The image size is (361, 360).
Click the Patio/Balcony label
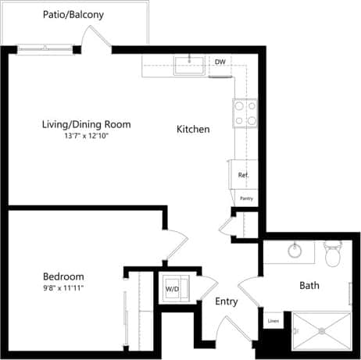click(74, 15)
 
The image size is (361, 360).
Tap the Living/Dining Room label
click(86, 124)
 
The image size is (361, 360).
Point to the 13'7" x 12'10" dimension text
click(86, 136)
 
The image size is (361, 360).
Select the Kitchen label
click(193, 129)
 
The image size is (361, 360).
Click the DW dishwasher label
click(220, 62)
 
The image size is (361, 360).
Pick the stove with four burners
click(245, 115)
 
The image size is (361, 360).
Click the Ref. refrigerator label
click(243, 175)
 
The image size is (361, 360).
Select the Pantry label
click(246, 199)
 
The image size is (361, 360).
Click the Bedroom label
click(63, 276)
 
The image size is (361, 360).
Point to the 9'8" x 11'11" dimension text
click(63, 288)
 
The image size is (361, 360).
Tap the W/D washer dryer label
click(171, 289)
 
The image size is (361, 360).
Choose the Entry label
click(226, 301)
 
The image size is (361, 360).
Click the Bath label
click(309, 286)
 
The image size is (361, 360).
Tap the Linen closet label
click(273, 321)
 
